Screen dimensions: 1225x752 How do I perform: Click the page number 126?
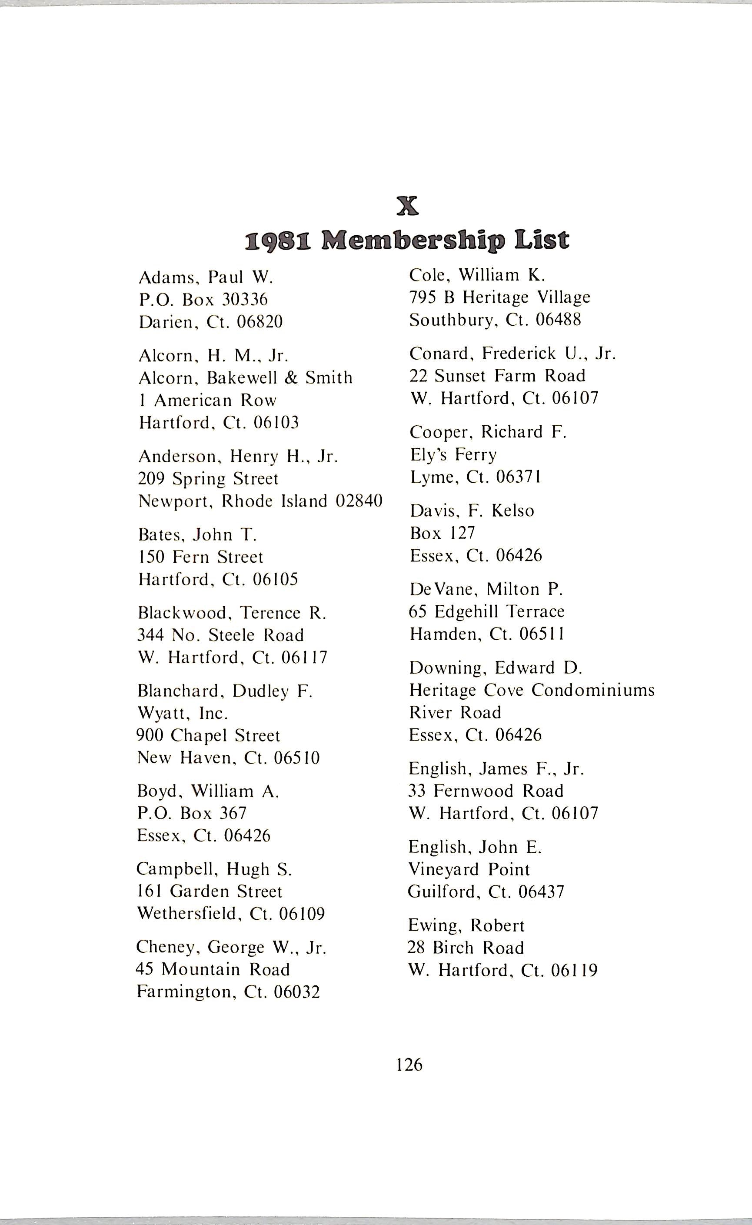pos(409,1064)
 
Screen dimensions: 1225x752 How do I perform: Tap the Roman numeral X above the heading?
pos(408,206)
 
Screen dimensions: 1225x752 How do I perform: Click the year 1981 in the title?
pos(278,241)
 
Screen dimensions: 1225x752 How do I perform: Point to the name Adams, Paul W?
pos(206,277)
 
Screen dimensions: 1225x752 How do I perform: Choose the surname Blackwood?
pos(182,612)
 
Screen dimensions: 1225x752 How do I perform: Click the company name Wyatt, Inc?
pos(183,714)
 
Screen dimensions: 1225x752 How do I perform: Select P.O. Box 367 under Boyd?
pos(192,813)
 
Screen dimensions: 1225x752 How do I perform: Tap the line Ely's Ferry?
pos(453,455)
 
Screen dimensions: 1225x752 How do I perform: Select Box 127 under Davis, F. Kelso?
pos(442,533)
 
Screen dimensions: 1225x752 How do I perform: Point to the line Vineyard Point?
pos(469,869)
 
